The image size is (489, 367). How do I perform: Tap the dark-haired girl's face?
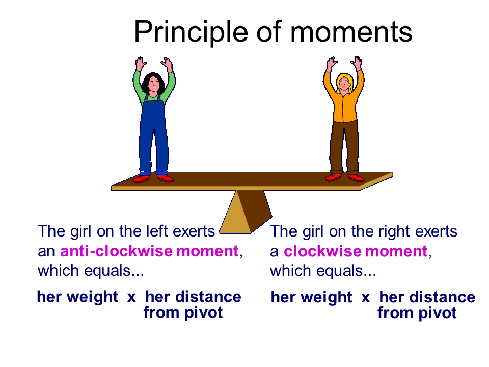point(154,84)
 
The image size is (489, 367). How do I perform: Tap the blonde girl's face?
point(344,83)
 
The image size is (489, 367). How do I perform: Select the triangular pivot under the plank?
point(246,212)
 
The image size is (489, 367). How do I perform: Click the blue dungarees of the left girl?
point(154,134)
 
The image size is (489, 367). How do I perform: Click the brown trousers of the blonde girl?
point(344,147)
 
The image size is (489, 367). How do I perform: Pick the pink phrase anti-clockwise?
point(116,251)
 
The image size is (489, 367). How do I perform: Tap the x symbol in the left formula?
point(131,297)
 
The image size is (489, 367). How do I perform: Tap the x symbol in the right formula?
point(366,297)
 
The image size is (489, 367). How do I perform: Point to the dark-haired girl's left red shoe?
point(165,178)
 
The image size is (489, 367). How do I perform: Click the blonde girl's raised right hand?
point(358,63)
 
